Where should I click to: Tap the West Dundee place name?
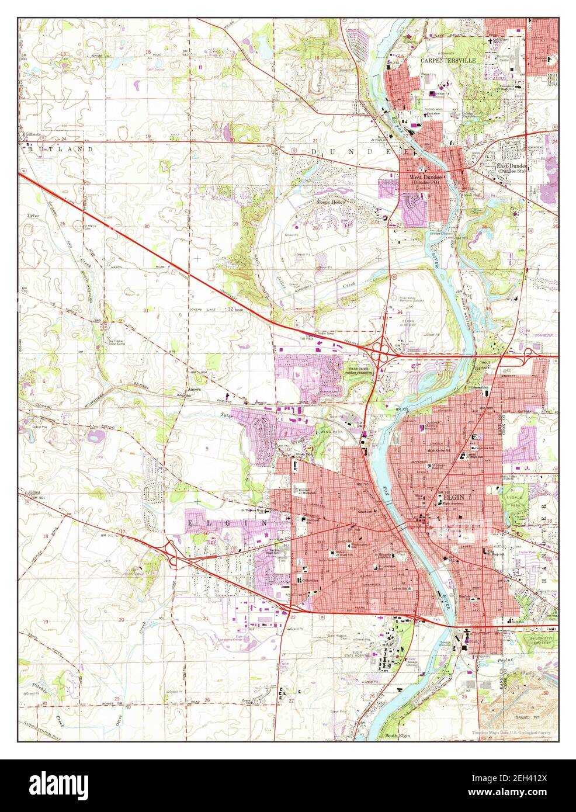pos(425,178)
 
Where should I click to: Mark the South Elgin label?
pos(397,735)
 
